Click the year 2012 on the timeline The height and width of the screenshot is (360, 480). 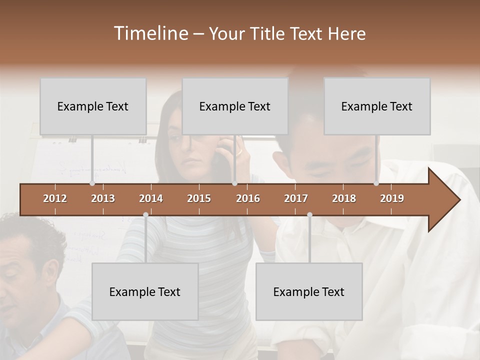(55, 198)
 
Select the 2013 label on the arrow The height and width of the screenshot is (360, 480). (103, 198)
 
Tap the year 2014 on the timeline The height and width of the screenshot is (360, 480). (151, 198)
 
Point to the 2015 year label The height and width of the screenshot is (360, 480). (199, 198)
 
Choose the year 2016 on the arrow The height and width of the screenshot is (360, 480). (248, 198)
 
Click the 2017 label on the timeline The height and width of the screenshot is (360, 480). (296, 198)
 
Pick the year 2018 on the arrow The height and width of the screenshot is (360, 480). (344, 198)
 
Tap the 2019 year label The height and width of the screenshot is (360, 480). (392, 198)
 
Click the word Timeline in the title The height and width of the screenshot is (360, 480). (150, 33)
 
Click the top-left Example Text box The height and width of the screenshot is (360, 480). (93, 106)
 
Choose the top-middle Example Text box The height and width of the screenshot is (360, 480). (235, 106)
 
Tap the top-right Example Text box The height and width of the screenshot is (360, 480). (377, 106)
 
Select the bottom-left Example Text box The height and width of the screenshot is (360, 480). (145, 291)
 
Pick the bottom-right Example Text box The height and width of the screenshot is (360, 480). (309, 291)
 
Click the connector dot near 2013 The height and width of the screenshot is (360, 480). (92, 183)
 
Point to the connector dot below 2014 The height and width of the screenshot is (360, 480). (145, 215)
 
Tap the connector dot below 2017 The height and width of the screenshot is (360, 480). (309, 215)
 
